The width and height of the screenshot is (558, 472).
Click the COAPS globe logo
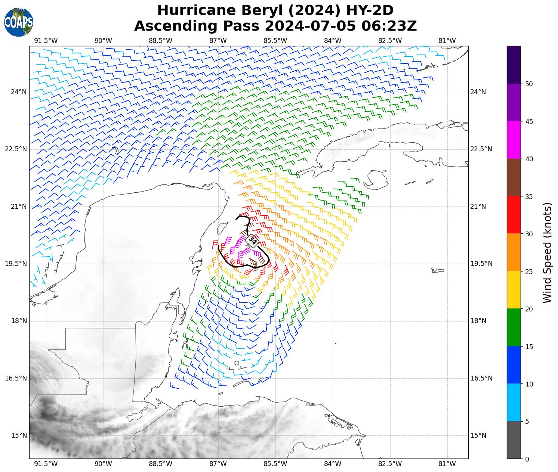coord(19,22)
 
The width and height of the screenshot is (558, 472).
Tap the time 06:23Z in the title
coord(389,26)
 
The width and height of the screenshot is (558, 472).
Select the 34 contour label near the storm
coord(253,240)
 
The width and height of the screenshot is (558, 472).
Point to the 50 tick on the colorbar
coord(528,84)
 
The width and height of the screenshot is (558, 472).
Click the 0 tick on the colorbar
coord(527,459)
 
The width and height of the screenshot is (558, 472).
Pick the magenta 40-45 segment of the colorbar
coord(514,140)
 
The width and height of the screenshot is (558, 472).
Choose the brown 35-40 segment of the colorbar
coord(514,177)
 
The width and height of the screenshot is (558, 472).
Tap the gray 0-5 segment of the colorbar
coord(514,440)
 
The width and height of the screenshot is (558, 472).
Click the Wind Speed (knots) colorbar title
coord(547,252)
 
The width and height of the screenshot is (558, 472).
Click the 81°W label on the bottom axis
coord(447,464)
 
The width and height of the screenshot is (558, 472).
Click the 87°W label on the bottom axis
coord(218,464)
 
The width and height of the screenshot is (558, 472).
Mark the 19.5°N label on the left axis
coord(16,264)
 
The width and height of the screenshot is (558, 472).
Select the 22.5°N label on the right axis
coord(481,149)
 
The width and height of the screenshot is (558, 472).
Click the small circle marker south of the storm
coord(237,363)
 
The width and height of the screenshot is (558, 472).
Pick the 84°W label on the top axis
coord(333,41)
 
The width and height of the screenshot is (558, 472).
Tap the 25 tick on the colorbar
coord(528,271)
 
